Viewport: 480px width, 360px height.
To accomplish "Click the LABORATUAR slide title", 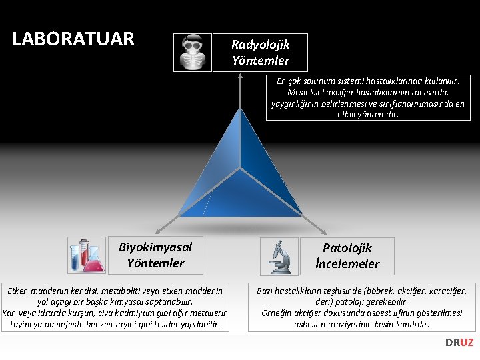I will (x=73, y=39).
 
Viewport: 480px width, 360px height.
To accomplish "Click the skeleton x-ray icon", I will (x=193, y=52).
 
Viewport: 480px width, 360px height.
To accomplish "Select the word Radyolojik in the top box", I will (x=260, y=45).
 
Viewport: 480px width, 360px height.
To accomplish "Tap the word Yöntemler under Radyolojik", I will (x=261, y=61).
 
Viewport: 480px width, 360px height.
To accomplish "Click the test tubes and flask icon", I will (x=87, y=255).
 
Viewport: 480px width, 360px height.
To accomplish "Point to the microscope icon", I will (x=279, y=257).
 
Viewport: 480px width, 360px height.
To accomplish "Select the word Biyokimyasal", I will (x=155, y=247).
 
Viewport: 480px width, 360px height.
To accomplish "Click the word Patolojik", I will (x=347, y=248).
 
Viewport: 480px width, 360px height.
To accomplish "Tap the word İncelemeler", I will (x=347, y=264).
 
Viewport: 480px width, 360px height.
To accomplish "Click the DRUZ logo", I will (x=459, y=342).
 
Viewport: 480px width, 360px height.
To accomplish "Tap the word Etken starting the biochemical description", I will (x=20, y=291).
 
